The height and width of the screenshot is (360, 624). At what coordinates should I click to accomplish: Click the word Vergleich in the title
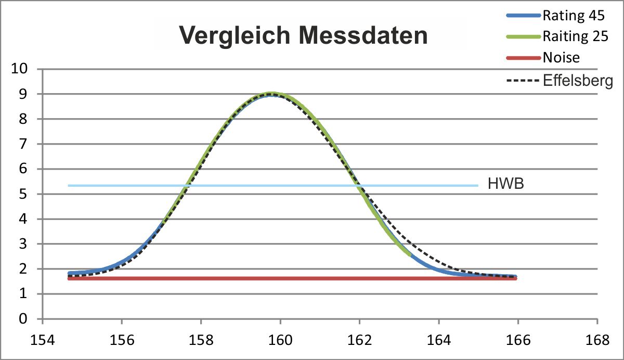click(235, 36)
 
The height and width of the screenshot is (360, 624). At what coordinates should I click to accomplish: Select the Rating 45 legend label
click(574, 15)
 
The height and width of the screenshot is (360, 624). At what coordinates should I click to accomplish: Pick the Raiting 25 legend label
click(576, 36)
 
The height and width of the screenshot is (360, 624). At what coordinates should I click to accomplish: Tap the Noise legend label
click(561, 58)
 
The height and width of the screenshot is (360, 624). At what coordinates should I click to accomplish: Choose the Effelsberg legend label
click(578, 81)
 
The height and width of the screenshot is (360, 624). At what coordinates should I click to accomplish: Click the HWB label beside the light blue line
click(506, 184)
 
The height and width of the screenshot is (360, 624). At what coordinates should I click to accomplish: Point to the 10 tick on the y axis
click(20, 69)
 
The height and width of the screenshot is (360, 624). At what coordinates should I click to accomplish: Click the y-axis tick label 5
click(23, 194)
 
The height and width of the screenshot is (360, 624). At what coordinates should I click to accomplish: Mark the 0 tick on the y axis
click(23, 319)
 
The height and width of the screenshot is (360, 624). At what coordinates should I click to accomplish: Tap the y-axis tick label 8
click(23, 119)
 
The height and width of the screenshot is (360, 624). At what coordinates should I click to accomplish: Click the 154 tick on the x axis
click(42, 340)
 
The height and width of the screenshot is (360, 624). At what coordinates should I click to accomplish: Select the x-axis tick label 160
click(280, 340)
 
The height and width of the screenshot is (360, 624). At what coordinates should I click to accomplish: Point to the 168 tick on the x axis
click(597, 340)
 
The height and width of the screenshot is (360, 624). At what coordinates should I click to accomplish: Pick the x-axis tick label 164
click(439, 340)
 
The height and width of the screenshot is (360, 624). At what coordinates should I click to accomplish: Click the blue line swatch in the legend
click(524, 16)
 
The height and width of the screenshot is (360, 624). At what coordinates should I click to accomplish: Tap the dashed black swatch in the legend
click(523, 81)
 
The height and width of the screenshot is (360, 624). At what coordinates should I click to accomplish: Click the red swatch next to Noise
click(524, 58)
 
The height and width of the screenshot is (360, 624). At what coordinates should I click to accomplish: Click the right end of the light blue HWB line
click(478, 186)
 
